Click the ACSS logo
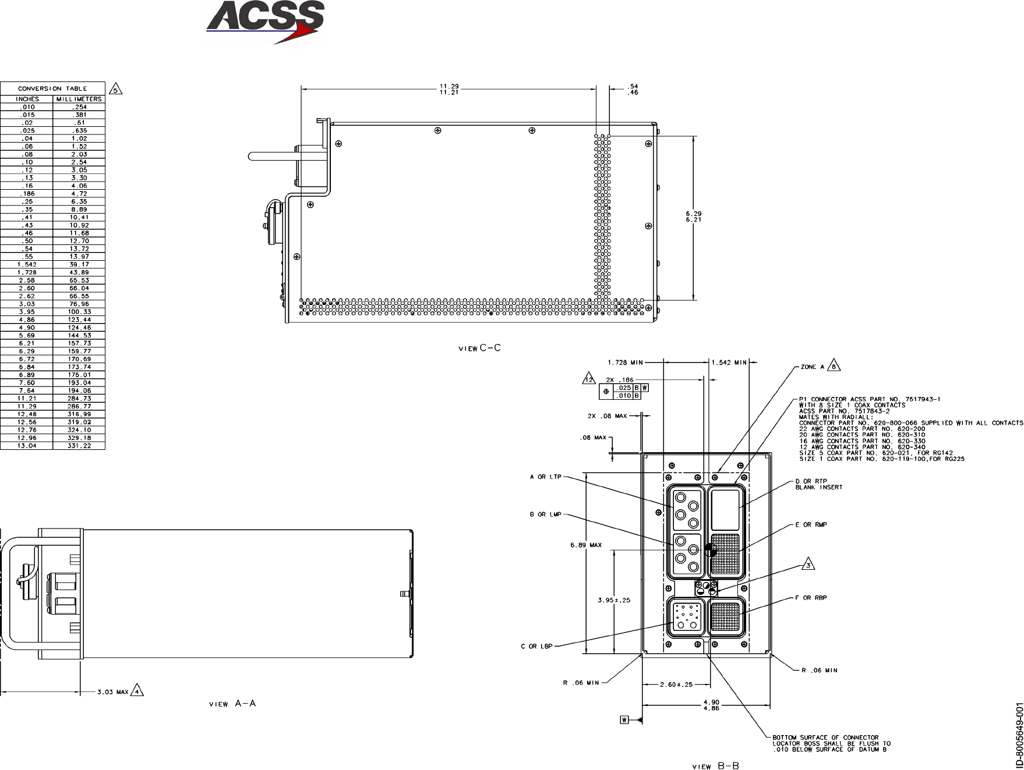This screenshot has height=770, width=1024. coord(265,22)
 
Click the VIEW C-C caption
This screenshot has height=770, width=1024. coord(480,348)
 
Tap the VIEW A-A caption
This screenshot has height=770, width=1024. coord(232,704)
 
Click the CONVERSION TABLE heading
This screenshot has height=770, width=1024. coord(52,88)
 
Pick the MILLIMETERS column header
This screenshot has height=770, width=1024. coord(79,99)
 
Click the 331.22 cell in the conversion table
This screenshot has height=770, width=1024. coord(79,446)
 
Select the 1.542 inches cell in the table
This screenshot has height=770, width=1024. coord(27,264)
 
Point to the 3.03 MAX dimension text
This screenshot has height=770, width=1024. coord(112,692)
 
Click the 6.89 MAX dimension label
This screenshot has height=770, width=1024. coord(586,545)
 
